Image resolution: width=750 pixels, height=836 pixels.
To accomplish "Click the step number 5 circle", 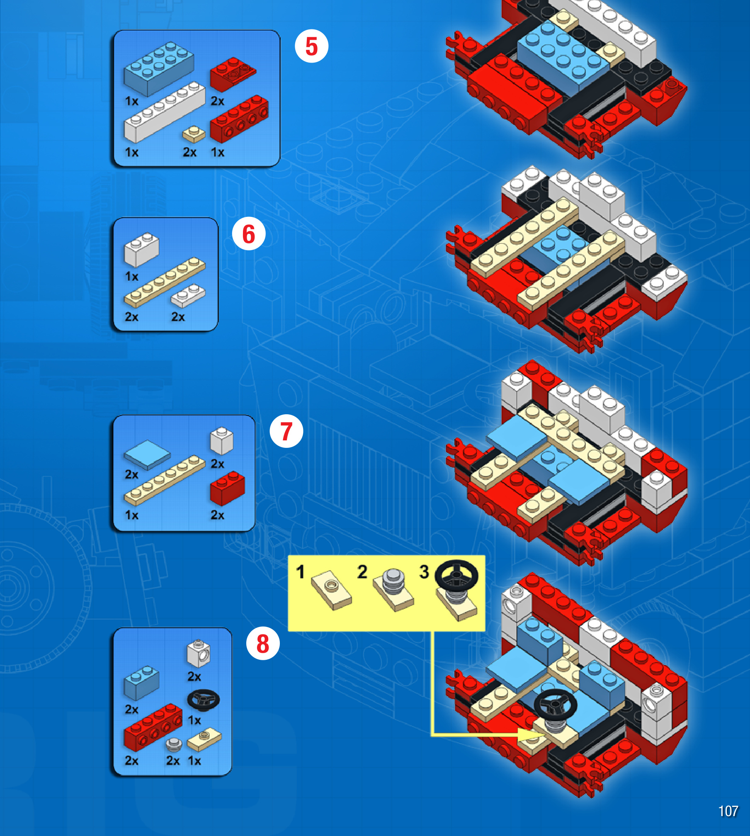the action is pos(311,46).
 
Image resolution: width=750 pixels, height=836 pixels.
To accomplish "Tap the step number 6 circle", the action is pos(248,234).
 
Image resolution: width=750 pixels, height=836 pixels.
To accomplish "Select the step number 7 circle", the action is pos(286,431).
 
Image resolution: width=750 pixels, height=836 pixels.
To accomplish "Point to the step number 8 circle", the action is pos(263,644).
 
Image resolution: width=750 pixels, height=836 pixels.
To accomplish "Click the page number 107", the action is pos(728,811).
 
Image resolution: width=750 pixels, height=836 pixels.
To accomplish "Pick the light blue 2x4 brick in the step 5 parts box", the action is pos(158,68).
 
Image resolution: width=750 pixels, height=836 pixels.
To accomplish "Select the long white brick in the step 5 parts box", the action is pos(165,112).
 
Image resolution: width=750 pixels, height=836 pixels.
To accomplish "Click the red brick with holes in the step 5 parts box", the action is pos(239,119).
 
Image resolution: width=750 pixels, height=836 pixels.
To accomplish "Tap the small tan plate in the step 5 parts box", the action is pos(194,134).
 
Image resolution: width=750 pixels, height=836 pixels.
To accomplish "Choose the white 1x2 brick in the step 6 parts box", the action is pos(141,249).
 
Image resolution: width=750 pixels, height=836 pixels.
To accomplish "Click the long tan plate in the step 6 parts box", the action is pos(165,282).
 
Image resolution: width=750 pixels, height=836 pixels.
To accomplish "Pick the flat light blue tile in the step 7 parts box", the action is pos(147,454).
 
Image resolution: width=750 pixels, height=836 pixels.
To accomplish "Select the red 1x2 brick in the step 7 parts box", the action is pos(227,488).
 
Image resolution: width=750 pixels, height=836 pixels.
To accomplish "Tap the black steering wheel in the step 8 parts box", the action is pos(203,700).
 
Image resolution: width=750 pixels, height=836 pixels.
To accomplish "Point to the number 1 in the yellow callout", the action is pos(301,572).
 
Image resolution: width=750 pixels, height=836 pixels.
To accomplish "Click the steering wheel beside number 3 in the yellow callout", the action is pos(456,575).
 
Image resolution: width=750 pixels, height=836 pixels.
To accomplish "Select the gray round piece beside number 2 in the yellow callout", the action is pos(393,580).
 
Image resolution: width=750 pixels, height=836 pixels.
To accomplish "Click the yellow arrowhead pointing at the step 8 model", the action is pos(532,735).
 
